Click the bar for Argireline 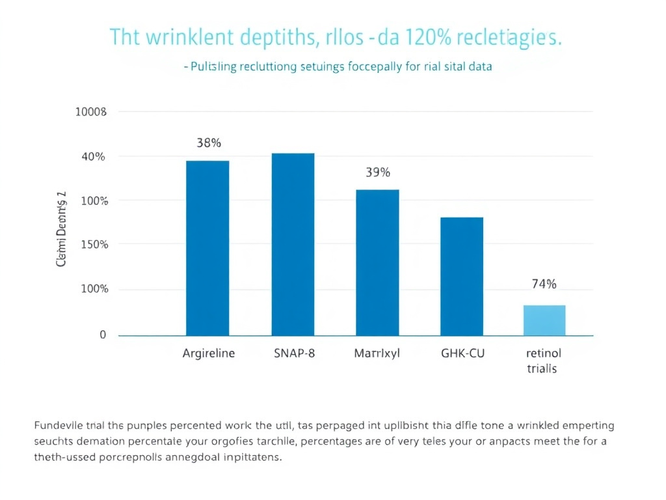(207, 248)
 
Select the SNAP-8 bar (293, 244)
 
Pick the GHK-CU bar (462, 276)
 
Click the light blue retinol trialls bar (544, 320)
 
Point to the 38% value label (208, 143)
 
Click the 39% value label (377, 173)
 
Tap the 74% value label (544, 284)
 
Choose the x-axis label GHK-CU (462, 354)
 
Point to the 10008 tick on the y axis (90, 112)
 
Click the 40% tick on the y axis (93, 156)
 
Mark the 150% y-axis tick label (93, 245)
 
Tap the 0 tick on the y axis (102, 335)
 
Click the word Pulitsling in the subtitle (214, 66)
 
